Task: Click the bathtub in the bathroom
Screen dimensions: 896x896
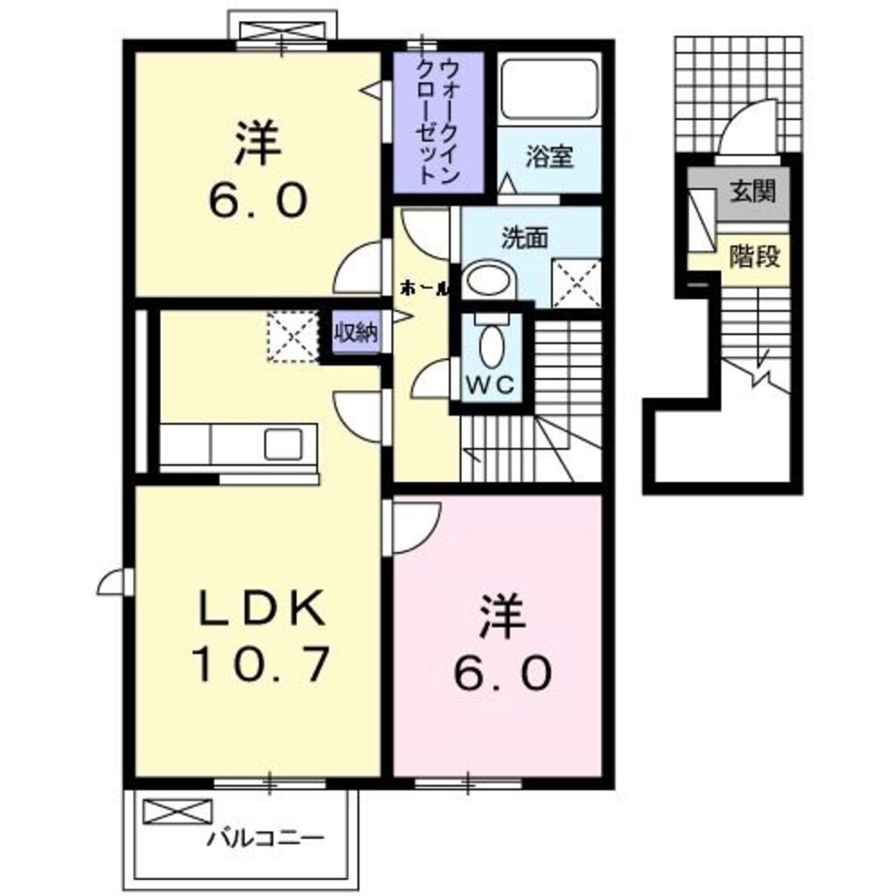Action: (548, 89)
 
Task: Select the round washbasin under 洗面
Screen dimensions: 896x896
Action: (489, 281)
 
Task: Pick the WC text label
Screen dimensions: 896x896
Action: (490, 385)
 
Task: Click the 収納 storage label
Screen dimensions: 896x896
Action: (356, 333)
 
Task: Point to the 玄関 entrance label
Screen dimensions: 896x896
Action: (752, 191)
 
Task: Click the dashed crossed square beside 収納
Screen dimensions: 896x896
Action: (292, 336)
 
